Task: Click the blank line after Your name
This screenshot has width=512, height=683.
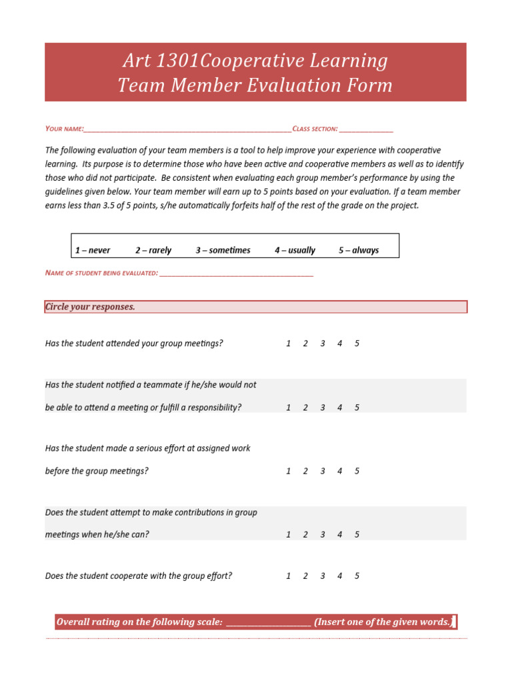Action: [x=187, y=129]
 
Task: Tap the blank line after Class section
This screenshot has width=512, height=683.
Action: [x=366, y=129]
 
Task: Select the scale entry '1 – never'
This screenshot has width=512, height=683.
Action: [x=93, y=250]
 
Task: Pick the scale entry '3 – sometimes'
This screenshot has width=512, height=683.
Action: [x=223, y=250]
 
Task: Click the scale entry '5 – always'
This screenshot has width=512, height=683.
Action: [x=358, y=250]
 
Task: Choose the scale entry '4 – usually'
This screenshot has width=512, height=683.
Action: [x=295, y=250]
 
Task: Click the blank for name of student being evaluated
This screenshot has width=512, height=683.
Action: [x=236, y=273]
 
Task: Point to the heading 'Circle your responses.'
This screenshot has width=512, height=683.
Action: [x=90, y=307]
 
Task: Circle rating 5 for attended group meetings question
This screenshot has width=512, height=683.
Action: [x=357, y=344]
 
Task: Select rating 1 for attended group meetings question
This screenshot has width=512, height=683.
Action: [x=288, y=344]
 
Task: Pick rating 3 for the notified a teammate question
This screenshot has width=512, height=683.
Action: [x=323, y=408]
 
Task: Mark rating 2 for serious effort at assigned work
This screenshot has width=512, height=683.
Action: [x=305, y=471]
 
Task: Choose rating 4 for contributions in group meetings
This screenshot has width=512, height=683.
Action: [x=340, y=534]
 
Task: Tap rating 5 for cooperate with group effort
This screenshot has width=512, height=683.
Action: [x=357, y=576]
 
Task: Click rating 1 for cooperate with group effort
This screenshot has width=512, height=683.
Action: [x=288, y=576]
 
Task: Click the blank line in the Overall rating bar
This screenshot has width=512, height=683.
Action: [x=268, y=623]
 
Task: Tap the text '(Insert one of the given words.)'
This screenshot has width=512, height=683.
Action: [x=383, y=622]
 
